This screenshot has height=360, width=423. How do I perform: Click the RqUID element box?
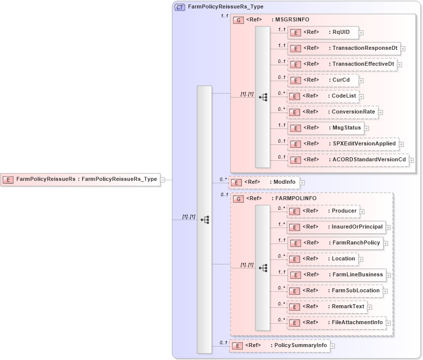tap(322, 32)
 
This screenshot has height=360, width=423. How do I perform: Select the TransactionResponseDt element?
tap(343, 48)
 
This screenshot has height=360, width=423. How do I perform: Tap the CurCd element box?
tap(322, 80)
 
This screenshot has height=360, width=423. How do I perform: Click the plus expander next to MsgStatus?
tap(366, 128)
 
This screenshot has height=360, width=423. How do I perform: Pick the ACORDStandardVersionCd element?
tap(348, 160)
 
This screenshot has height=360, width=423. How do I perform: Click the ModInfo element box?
tap(264, 182)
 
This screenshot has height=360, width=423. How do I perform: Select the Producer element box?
tap(323, 211)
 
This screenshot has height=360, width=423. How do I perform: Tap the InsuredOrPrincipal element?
tap(336, 227)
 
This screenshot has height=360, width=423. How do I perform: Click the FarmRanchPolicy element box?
tap(335, 243)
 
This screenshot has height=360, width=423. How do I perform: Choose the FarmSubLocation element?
tap(335, 291)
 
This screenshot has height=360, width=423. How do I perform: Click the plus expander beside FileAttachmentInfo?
tap(388, 323)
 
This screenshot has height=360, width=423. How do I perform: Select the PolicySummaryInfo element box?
tap(280, 346)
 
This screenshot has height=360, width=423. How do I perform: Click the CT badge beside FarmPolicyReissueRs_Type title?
tap(180, 7)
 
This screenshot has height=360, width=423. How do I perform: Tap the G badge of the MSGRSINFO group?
tap(239, 20)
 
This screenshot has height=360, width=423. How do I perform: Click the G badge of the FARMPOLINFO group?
tap(239, 199)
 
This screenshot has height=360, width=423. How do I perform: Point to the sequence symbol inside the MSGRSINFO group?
tap(263, 97)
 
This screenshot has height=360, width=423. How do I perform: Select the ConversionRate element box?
tap(332, 112)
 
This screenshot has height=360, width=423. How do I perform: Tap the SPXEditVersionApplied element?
tap(343, 144)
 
